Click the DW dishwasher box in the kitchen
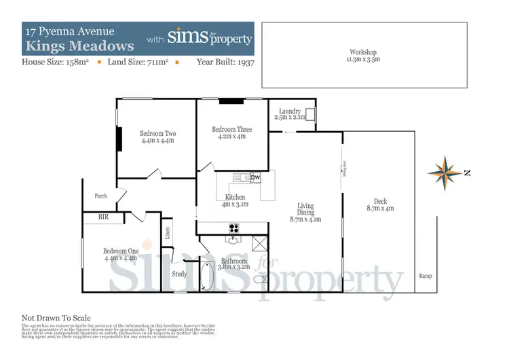[x=255, y=178]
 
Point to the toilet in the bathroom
[x=259, y=279]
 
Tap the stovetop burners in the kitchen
[x=223, y=228]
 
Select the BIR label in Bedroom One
[x=103, y=218]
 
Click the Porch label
[x=100, y=196]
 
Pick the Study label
[x=179, y=274]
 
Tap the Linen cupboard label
[x=167, y=233]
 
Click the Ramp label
[x=426, y=276]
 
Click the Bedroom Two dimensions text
[x=157, y=141]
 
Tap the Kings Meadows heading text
[x=80, y=46]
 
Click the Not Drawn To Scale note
[x=56, y=318]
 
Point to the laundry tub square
[x=309, y=114]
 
